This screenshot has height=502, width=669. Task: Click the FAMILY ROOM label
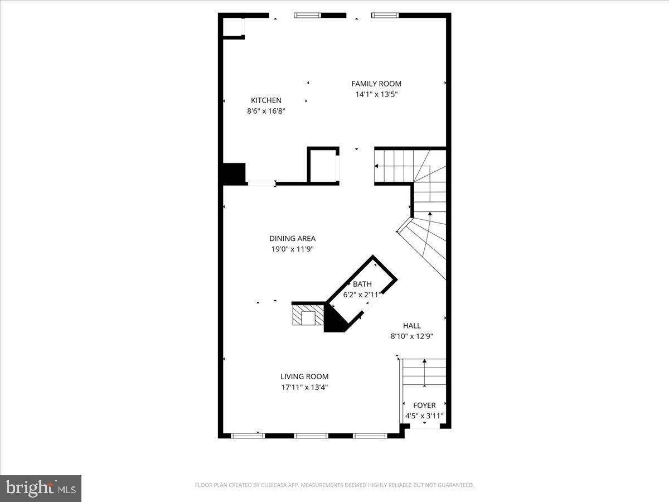pos(376,84)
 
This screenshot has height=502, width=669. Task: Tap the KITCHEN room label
pos(266,100)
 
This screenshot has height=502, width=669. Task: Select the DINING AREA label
pos(292,239)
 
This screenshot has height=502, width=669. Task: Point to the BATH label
pos(362,284)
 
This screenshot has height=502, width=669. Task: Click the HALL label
pos(412,326)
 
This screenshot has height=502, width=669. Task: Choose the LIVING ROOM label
pos(304,376)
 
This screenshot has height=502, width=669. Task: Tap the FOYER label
pos(424,406)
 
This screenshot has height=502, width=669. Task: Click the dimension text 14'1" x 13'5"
pos(376,94)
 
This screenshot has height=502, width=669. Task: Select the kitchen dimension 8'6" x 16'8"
pos(266,111)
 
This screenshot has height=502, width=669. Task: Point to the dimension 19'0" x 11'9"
pos(292,249)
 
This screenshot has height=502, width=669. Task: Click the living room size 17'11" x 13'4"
pos(304,387)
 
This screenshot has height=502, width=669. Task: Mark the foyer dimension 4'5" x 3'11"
pos(424,416)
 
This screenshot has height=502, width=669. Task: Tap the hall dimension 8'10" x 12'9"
pos(412,336)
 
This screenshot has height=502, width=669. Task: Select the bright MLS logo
pos(41,488)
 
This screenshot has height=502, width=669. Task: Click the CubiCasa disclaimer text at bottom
pos(334,485)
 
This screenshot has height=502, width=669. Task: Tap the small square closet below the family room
pos(323,166)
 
